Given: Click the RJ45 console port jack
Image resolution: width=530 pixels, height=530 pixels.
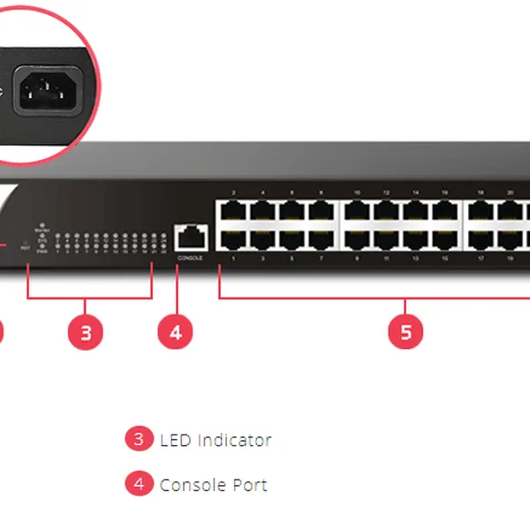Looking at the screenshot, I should point(191,237).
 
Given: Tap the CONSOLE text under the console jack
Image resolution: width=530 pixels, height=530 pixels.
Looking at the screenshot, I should point(191,258).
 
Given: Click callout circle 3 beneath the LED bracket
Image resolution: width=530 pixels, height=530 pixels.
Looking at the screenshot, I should point(86,332).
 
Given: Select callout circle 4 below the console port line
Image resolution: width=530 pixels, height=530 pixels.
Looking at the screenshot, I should point(175,332).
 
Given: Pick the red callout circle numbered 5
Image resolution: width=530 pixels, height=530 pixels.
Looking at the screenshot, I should point(405,332).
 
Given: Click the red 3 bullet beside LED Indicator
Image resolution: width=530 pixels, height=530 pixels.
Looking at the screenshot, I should point(139,439).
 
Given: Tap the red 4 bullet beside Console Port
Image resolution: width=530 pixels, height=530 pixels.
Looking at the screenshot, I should point(139,484).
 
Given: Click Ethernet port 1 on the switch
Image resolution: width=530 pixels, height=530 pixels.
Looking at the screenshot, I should point(233,238).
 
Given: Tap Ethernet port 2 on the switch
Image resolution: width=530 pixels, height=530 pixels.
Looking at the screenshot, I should point(233,210).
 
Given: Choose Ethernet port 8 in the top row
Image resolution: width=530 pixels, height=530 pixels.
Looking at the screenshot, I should point(321,210).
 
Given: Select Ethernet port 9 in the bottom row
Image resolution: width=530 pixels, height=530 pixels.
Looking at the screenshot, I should point(357,238).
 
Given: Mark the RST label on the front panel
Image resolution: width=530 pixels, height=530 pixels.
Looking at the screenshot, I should point(25,249).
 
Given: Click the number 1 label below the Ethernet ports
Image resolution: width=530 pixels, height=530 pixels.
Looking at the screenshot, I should point(233,259).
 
